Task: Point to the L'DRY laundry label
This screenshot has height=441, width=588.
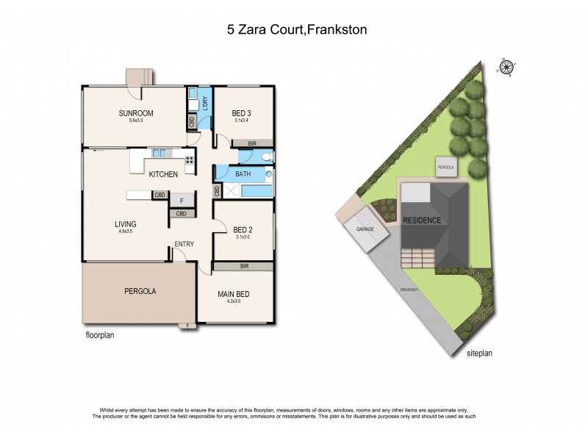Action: click(204, 105)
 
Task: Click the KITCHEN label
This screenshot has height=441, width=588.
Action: click(163, 174)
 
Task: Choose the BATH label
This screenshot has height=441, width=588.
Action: click(244, 174)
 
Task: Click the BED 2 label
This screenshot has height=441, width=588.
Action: click(243, 229)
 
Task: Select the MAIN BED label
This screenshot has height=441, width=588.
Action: click(234, 294)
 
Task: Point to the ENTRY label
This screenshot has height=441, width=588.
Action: click(184, 245)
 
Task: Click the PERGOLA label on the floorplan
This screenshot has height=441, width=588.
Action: click(138, 291)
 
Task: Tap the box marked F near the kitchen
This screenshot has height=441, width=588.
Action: click(181, 199)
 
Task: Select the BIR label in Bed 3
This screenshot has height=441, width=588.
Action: click(251, 143)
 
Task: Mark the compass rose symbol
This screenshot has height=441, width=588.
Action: click(506, 68)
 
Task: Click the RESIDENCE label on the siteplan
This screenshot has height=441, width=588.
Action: click(422, 220)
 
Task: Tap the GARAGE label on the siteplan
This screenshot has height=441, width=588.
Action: click(365, 229)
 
